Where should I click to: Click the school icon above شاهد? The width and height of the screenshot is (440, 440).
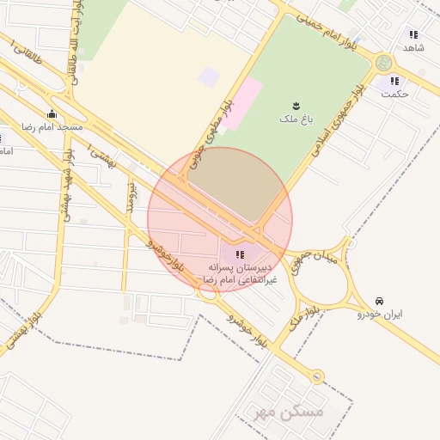(x=413, y=35)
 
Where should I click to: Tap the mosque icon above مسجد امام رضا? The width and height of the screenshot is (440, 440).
(x=52, y=113)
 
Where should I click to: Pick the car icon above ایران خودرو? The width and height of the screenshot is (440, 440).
(x=379, y=301)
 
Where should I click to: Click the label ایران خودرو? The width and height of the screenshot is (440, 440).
(x=380, y=315)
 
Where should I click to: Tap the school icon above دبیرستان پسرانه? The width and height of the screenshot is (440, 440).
(x=239, y=254)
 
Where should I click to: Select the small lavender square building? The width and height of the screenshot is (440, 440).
(x=209, y=76)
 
